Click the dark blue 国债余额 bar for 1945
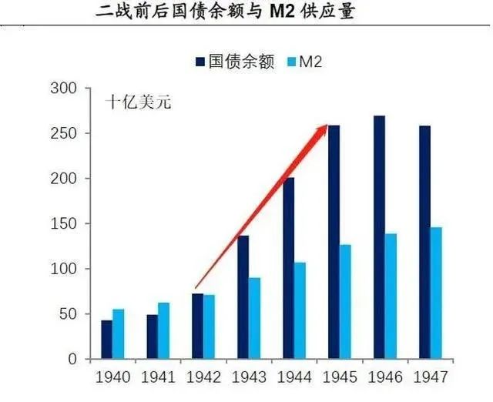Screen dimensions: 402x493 coord(334,242)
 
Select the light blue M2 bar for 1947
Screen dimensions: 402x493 coord(437,293)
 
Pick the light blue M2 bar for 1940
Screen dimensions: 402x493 coord(118,334)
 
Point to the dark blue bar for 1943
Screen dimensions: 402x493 coord(243,297)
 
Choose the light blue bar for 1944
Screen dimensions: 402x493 coord(300,310)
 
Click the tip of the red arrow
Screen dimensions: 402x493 coord(327,126)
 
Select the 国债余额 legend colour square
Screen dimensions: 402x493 coord(201,62)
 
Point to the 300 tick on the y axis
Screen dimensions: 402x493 coord(68,89)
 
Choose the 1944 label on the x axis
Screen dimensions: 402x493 coord(293,378)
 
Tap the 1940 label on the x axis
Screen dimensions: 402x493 coord(112,378)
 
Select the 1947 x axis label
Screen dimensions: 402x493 coord(430,378)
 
